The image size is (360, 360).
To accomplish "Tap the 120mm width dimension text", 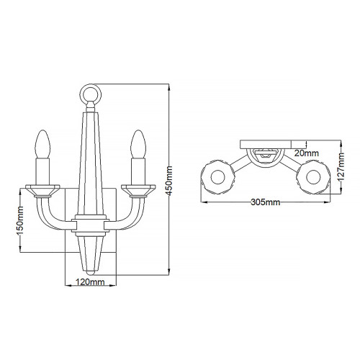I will tap(87, 282).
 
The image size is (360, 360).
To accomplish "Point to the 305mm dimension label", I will tap(264, 203).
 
